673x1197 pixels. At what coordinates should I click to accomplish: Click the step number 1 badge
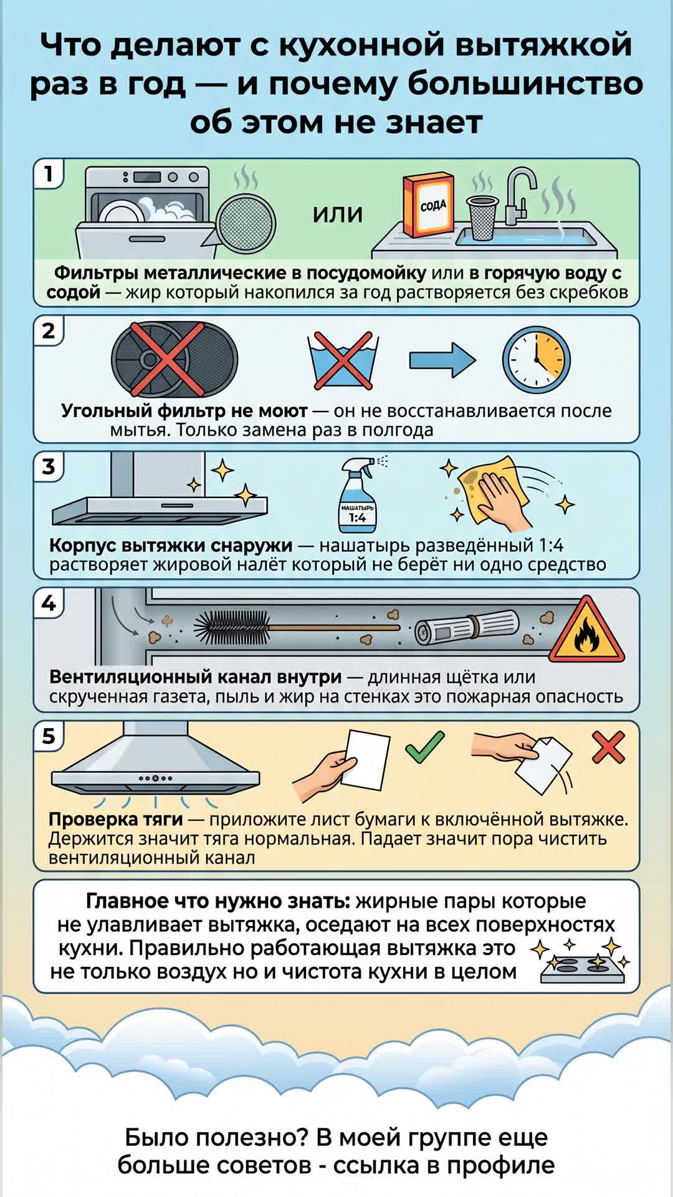[48, 174]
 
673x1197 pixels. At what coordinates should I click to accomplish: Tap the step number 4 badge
[49, 603]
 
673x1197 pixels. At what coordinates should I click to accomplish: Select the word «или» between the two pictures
[337, 214]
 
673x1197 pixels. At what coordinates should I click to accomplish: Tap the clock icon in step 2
[536, 360]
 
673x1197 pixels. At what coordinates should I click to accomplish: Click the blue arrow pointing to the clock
[442, 360]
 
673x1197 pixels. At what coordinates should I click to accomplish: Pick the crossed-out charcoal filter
[174, 360]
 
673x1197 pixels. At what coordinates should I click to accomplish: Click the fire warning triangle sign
[586, 631]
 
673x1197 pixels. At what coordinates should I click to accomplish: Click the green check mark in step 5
[425, 746]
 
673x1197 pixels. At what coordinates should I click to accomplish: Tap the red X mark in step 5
[608, 747]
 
